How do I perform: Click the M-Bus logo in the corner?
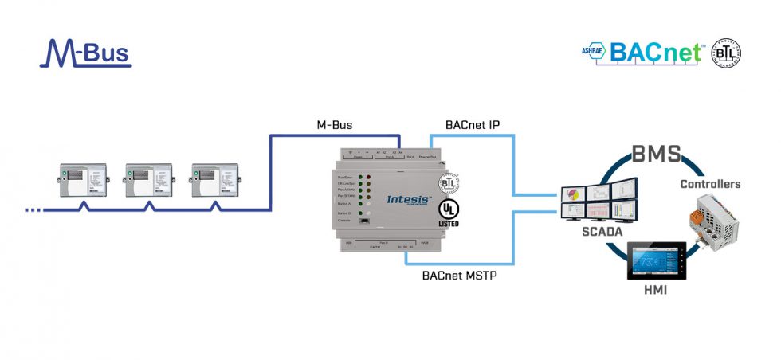85,53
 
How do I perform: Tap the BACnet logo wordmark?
655,53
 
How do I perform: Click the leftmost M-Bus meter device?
84,182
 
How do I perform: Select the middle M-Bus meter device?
149,182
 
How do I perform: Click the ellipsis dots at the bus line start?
33,209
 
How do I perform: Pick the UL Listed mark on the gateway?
449,213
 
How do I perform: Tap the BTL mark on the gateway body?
449,183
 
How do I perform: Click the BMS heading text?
653,154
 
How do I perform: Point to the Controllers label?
709,184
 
